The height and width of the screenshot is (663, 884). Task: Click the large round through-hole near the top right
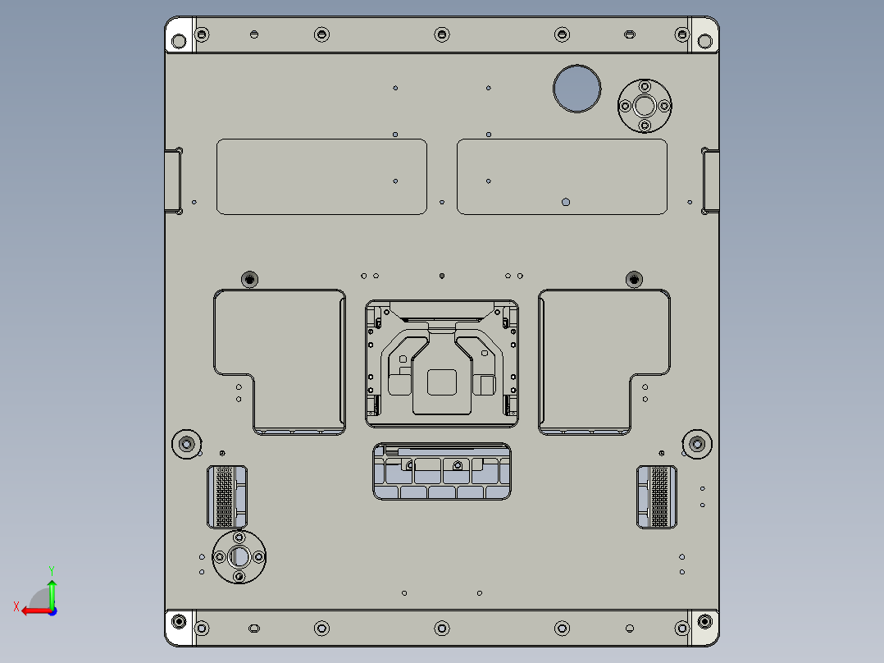[576, 88]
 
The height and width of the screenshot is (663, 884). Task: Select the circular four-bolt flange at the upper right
[644, 105]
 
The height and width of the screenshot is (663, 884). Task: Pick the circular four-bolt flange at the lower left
[239, 557]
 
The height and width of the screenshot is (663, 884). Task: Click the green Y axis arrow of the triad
[52, 586]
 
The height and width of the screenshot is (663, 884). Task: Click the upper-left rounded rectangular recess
[321, 176]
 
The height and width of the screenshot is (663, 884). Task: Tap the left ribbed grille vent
[226, 496]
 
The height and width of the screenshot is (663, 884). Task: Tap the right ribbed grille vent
[658, 496]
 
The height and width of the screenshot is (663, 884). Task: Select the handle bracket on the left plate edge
[174, 181]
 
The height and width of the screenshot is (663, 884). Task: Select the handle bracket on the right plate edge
[709, 181]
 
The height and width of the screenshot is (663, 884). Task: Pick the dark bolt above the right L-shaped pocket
[633, 279]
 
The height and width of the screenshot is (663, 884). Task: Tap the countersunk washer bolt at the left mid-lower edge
[187, 444]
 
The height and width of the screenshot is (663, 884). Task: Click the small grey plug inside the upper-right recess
[565, 201]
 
